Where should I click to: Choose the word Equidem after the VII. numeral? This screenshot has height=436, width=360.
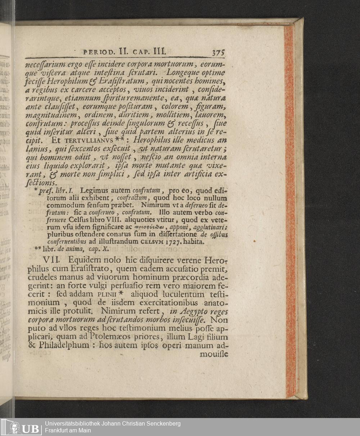(86, 260)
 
